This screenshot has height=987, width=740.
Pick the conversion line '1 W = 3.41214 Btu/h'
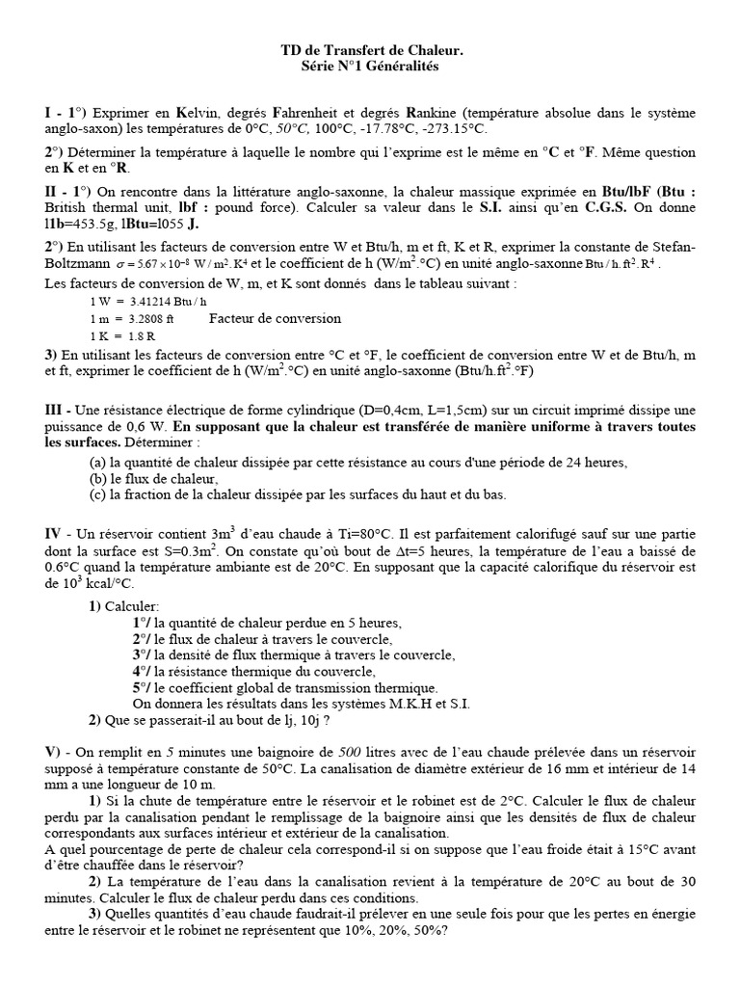click(141, 301)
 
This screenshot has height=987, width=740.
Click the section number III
click(55, 411)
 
